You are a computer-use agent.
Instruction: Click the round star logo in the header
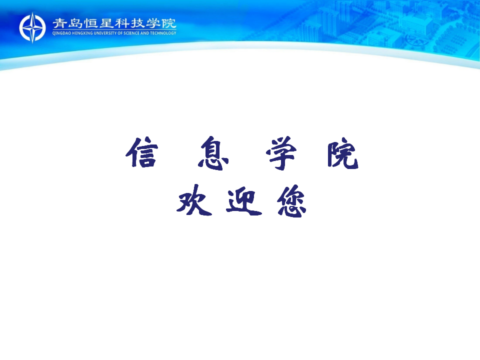pyautogui.click(x=32, y=27)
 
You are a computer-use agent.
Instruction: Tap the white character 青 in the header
pyautogui.click(x=60, y=23)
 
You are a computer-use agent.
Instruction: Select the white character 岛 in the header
pyautogui.click(x=75, y=23)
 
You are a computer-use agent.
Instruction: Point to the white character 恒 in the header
pyautogui.click(x=91, y=23)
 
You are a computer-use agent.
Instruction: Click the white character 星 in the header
pyautogui.click(x=106, y=23)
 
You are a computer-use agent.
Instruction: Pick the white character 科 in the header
pyautogui.click(x=122, y=23)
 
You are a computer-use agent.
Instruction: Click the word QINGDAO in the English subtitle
pyautogui.click(x=61, y=33)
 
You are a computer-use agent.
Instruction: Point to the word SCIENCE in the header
pyautogui.click(x=131, y=33)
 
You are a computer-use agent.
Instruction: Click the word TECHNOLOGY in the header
pyautogui.click(x=163, y=33)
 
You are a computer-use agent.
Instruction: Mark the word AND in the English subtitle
pyautogui.click(x=145, y=33)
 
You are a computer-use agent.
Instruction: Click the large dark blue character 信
pyautogui.click(x=141, y=152)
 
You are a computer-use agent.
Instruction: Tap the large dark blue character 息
pyautogui.click(x=213, y=153)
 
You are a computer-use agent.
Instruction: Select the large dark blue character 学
pyautogui.click(x=281, y=153)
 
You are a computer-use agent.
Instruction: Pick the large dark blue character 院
pyautogui.click(x=343, y=153)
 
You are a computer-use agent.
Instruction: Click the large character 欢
pyautogui.click(x=194, y=200)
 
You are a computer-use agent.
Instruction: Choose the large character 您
pyautogui.click(x=291, y=201)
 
